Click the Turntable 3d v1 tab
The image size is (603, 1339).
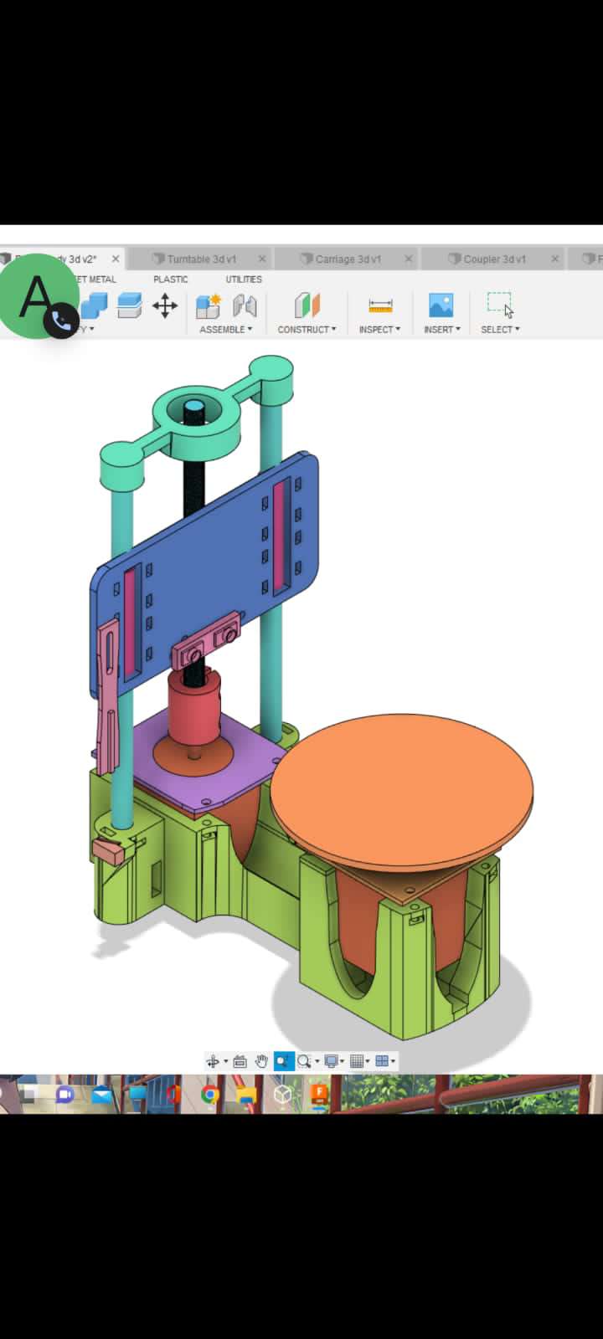[201, 259]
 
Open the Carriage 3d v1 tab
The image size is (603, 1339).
[348, 259]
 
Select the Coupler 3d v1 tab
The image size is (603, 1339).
[494, 259]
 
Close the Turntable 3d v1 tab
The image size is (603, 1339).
[262, 259]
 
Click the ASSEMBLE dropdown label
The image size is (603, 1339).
[225, 330]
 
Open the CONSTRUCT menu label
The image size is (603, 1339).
[307, 330]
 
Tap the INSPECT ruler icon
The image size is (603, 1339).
[380, 305]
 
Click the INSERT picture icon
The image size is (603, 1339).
[441, 305]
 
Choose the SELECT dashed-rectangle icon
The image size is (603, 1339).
[499, 304]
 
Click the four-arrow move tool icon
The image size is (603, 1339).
[165, 306]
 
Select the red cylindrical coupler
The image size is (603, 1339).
[193, 703]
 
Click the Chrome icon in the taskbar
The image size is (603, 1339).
[210, 1095]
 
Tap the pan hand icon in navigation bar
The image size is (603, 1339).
[261, 1061]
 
